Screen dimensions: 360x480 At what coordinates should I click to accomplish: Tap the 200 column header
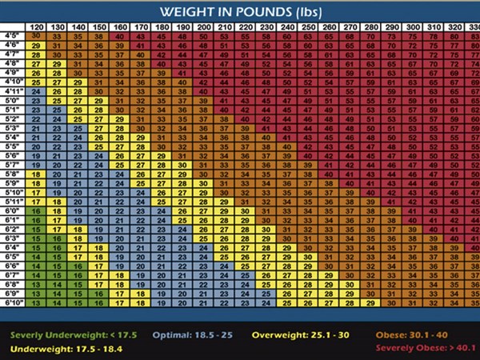(x=204, y=27)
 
